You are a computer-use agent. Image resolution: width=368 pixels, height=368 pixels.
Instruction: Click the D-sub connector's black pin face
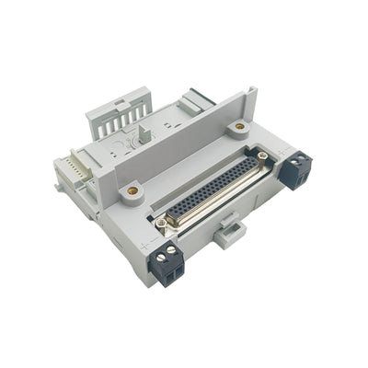click(x=213, y=190)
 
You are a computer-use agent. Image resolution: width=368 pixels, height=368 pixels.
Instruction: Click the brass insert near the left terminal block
click(x=132, y=190)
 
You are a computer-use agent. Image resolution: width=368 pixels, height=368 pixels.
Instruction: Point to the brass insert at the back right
click(x=240, y=125)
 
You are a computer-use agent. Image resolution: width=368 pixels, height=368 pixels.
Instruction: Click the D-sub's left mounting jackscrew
click(x=163, y=222)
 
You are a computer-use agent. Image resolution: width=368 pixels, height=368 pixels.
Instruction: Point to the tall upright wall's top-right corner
click(x=254, y=90)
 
